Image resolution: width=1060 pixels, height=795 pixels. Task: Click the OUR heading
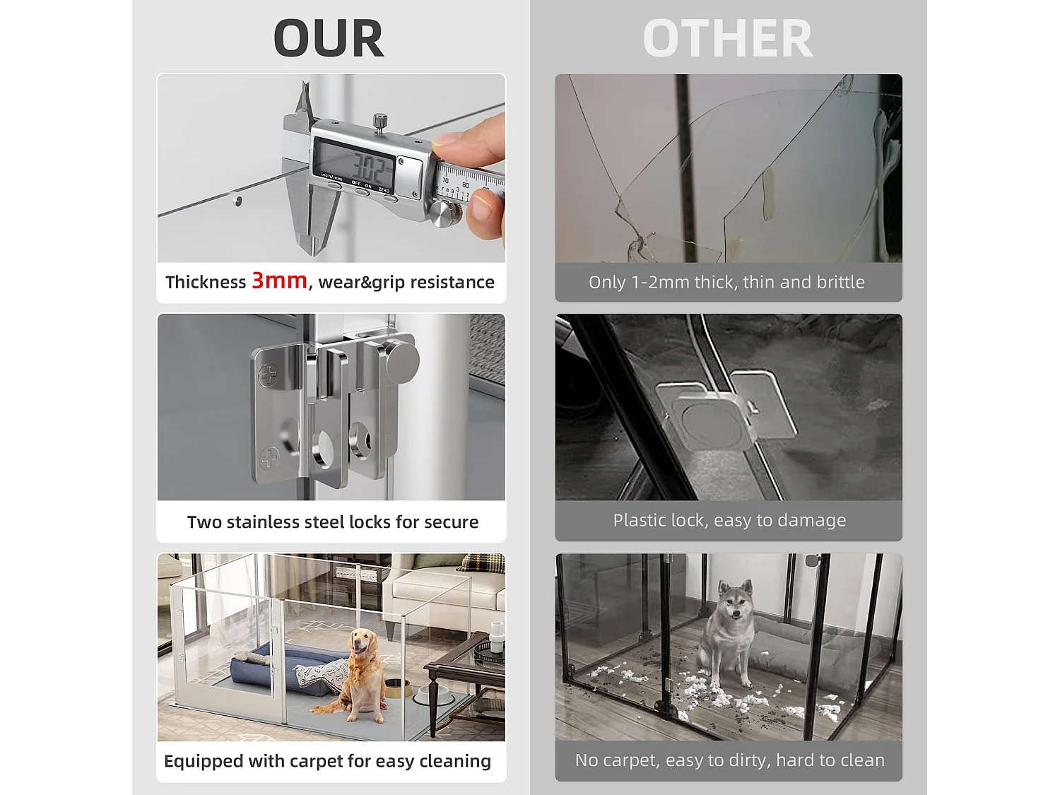coord(329,38)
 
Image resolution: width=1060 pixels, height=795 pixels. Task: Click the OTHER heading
coord(728,38)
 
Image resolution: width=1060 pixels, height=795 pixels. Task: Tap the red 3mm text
coord(279,281)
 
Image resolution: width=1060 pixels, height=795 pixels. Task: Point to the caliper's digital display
coord(353,165)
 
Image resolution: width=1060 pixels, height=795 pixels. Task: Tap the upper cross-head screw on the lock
coord(269,375)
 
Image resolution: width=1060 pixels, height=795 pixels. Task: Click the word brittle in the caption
coord(840,282)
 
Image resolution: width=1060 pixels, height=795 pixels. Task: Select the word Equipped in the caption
coord(204,762)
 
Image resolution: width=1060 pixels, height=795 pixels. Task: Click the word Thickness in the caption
coord(206,282)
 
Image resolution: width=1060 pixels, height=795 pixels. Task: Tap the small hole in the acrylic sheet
coord(237,201)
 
